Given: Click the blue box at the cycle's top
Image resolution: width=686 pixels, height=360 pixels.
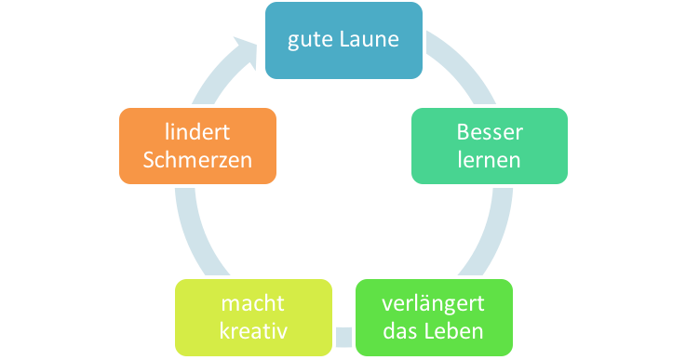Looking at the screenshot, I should (x=343, y=40).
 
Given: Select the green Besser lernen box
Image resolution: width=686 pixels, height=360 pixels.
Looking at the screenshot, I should (x=490, y=145).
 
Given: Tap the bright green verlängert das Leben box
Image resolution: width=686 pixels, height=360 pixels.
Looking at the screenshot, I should (x=434, y=317).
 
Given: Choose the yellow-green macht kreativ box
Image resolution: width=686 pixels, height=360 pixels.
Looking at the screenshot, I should (x=252, y=317).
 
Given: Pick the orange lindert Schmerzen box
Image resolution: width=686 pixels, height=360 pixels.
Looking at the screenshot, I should (x=197, y=145).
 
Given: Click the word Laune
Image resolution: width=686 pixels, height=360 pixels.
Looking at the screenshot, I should (x=368, y=41).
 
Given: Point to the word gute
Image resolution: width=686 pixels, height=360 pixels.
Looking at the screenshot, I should (x=310, y=41).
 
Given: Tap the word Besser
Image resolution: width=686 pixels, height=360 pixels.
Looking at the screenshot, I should (x=490, y=132).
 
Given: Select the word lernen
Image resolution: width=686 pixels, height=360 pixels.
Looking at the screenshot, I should (x=490, y=159).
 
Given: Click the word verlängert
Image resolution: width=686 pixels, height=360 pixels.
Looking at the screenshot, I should (x=434, y=304).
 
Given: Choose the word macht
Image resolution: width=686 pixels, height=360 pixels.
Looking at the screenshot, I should (x=252, y=304).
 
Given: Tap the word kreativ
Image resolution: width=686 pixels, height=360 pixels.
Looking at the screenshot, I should (x=252, y=331).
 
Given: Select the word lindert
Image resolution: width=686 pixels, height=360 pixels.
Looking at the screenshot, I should (x=197, y=132).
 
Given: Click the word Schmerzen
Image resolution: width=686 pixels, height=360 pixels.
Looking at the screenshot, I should (x=197, y=159).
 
